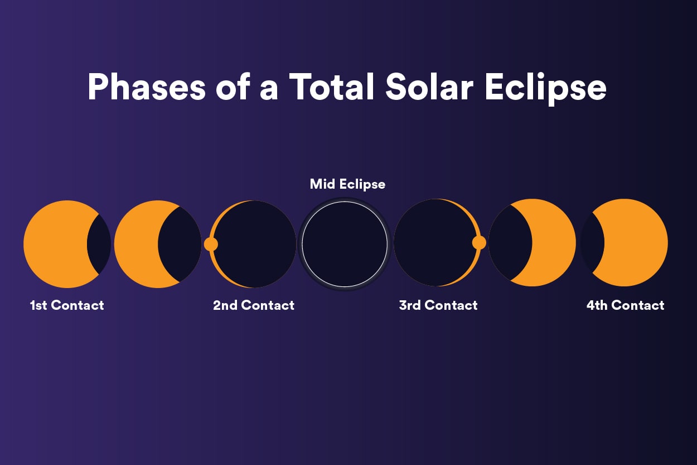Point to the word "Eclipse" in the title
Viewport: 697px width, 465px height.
click(x=545, y=88)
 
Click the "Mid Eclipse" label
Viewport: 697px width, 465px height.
click(x=347, y=184)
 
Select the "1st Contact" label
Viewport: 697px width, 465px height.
click(x=67, y=305)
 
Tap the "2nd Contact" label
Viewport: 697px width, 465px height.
click(x=254, y=305)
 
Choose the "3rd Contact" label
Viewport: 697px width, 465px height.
click(x=438, y=305)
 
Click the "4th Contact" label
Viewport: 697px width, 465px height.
click(x=625, y=305)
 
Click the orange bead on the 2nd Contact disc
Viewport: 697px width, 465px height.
click(x=211, y=244)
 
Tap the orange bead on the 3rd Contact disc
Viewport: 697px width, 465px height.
click(x=479, y=243)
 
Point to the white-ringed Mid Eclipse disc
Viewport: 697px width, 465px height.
click(x=345, y=244)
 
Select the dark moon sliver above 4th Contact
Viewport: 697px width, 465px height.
click(x=592, y=243)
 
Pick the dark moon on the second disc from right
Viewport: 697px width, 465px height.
click(x=510, y=243)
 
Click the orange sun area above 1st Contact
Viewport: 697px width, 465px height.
click(x=55, y=244)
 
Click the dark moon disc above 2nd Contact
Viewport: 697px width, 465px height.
click(x=255, y=244)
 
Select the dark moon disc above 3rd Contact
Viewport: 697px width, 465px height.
click(x=434, y=243)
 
